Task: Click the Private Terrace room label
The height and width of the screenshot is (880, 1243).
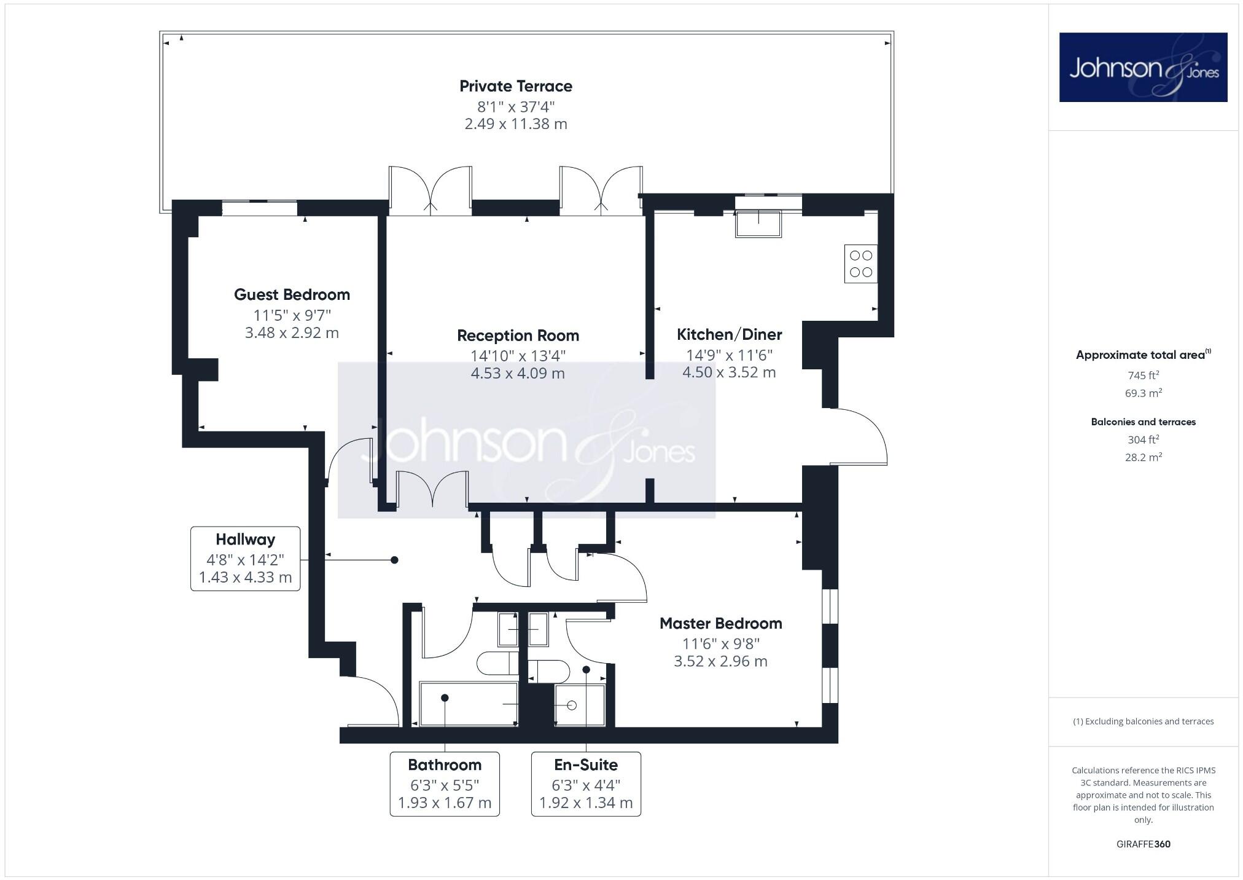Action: coord(516,86)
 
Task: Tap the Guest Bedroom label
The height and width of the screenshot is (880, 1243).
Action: coord(292,294)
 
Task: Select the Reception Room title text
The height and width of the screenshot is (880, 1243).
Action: coord(518,336)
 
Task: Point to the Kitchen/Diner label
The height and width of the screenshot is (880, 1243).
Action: coord(729,334)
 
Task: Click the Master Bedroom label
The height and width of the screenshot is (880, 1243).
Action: coord(720,623)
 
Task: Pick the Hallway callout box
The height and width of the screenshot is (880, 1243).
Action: coord(245,558)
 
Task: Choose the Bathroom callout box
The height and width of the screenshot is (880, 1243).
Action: coord(445,784)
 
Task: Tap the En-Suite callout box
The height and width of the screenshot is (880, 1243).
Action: coord(586,784)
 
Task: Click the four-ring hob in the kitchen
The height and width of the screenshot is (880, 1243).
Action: coord(860,264)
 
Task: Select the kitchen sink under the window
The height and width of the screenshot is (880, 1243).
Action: coord(758,224)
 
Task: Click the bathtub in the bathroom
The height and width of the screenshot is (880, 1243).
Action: coord(468,704)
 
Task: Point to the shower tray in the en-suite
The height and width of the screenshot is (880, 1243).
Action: coord(579,705)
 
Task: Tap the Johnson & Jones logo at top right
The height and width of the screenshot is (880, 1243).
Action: coord(1143,68)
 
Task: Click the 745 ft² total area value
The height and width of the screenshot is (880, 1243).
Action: coord(1143,375)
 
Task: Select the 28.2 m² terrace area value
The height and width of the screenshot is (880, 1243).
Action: coord(1143,457)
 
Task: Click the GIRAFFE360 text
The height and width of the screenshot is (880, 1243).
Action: coord(1143,844)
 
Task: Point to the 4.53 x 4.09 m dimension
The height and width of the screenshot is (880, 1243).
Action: coord(518,373)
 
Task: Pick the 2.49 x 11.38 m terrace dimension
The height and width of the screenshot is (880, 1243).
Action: coord(516,124)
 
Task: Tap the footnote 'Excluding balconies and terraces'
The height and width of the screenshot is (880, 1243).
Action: coord(1143,721)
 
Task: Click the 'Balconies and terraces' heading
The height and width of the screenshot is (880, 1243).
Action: coord(1143,422)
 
